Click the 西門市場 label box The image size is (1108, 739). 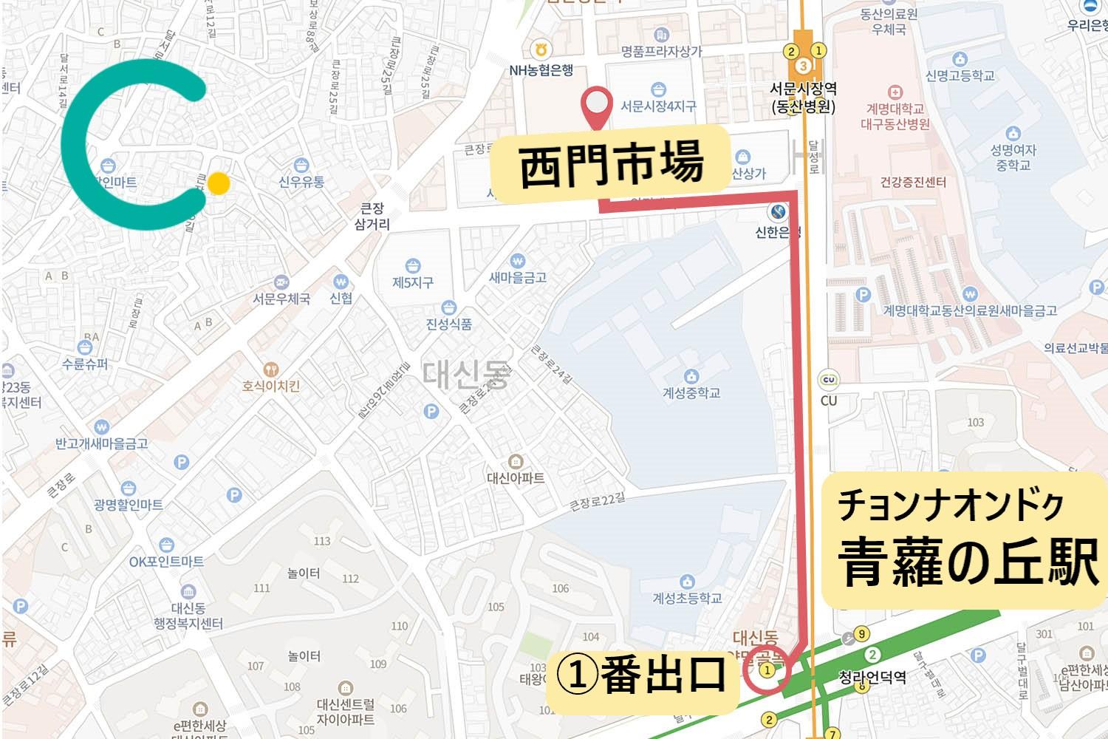611,164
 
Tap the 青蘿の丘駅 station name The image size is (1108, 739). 968,562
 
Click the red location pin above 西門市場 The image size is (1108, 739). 598,108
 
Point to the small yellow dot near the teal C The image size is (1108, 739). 218,183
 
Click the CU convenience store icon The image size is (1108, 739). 829,381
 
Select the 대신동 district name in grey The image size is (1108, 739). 466,375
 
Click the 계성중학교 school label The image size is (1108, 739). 691,392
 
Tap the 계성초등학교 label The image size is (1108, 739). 687,597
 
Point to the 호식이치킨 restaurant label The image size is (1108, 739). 271,386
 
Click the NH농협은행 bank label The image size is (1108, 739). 541,70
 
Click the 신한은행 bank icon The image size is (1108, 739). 778,212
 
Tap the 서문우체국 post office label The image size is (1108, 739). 281,299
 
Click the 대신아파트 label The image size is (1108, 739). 516,477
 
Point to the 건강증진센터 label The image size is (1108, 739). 913,182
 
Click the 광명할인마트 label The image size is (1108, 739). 129,505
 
